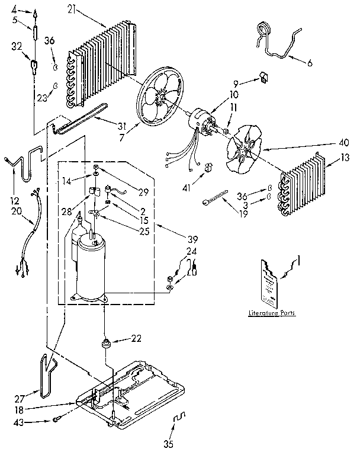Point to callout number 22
tap(137, 338)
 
